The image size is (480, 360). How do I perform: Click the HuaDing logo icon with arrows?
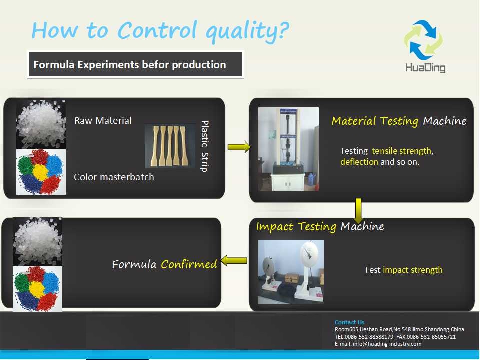(423, 40)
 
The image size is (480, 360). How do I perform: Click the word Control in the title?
(157, 30)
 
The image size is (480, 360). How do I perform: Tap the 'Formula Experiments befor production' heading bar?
(135, 64)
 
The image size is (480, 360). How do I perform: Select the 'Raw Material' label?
(103, 120)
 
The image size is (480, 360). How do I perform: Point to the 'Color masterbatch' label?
(114, 177)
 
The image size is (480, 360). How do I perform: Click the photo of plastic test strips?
(170, 146)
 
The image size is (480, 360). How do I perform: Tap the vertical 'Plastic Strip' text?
(204, 146)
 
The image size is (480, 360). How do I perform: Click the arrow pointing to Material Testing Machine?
(239, 147)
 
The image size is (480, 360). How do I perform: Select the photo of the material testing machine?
(288, 149)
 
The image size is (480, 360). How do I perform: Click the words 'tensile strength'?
(401, 151)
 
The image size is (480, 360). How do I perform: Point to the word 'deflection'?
(359, 162)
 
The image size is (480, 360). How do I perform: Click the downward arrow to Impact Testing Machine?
(358, 211)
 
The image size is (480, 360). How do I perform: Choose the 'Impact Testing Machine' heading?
(320, 227)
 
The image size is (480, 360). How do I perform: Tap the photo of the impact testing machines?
(291, 272)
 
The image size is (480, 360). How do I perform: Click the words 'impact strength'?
(412, 270)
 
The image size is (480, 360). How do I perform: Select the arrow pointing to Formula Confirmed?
(234, 261)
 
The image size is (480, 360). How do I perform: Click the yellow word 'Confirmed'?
(189, 264)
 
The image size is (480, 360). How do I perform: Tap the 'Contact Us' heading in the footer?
(349, 322)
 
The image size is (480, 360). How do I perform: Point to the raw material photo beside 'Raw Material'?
(41, 124)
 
